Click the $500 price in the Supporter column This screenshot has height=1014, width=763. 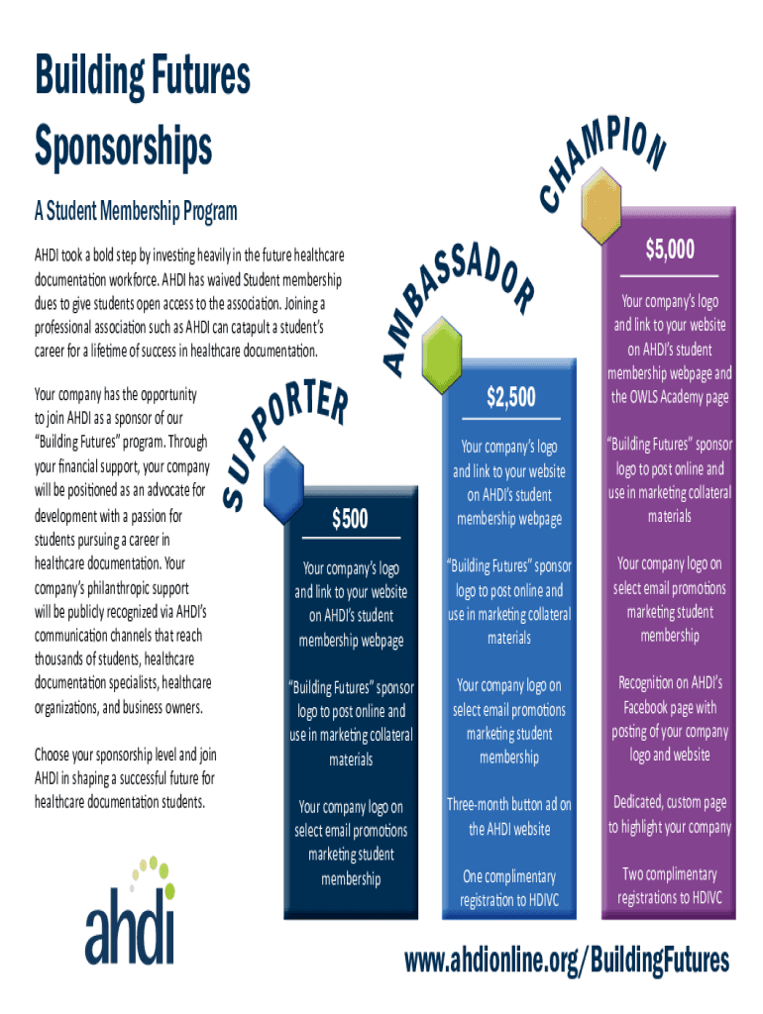click(350, 518)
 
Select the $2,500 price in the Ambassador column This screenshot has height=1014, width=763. click(510, 398)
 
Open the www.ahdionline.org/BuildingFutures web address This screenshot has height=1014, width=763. click(567, 960)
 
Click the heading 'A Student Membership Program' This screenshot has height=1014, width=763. click(136, 211)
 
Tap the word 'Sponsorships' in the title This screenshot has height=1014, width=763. click(123, 147)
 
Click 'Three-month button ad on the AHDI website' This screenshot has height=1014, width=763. click(509, 816)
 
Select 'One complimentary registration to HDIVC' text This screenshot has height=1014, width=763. click(509, 888)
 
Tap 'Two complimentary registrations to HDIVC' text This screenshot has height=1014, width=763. click(670, 885)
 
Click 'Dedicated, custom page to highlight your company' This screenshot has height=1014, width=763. click(670, 814)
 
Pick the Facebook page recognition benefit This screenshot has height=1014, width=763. click(670, 719)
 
